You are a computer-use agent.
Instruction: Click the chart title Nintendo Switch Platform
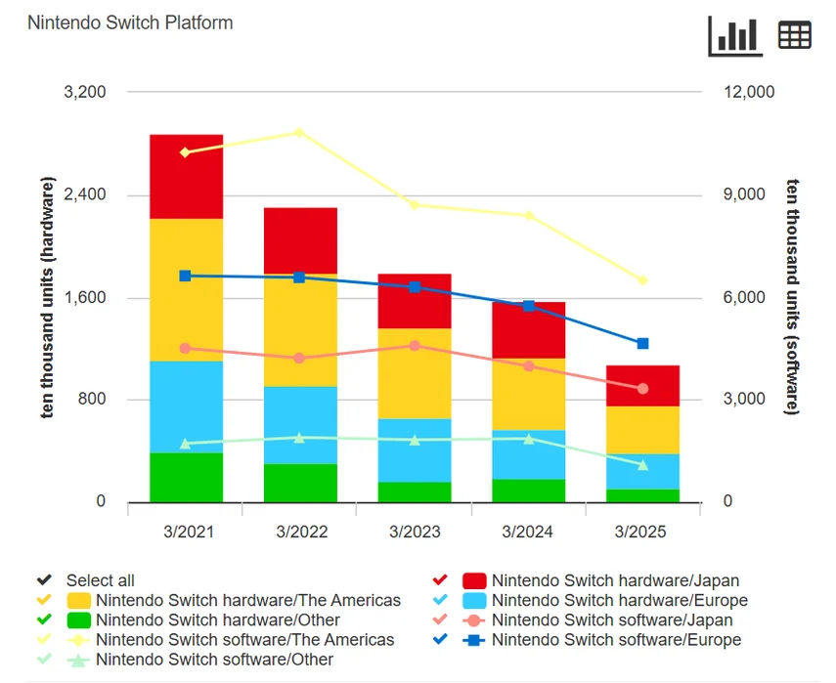[130, 22]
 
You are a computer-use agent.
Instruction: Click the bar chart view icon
[734, 35]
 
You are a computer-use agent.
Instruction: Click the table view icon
[794, 35]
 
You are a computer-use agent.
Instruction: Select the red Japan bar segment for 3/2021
[186, 177]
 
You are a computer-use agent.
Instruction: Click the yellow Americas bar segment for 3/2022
[300, 330]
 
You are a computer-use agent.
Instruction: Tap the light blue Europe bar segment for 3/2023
[415, 450]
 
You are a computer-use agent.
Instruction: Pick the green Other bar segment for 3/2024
[529, 491]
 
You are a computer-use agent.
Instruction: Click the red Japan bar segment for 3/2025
[642, 386]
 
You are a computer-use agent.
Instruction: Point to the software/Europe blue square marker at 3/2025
[642, 344]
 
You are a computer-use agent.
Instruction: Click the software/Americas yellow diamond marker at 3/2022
[300, 132]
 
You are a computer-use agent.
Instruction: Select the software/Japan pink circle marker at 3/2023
[415, 346]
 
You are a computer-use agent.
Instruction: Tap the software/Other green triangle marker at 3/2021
[186, 444]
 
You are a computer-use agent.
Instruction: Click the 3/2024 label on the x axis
[528, 533]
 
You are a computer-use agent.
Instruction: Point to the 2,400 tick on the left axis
[85, 194]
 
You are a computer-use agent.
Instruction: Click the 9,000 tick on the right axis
[748, 194]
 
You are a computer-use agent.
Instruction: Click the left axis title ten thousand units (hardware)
[48, 298]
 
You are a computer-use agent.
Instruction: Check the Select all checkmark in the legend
[43, 580]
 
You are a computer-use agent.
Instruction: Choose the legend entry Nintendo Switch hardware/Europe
[619, 600]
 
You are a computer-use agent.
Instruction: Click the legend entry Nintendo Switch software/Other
[214, 660]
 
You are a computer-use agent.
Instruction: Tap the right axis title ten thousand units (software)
[792, 298]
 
